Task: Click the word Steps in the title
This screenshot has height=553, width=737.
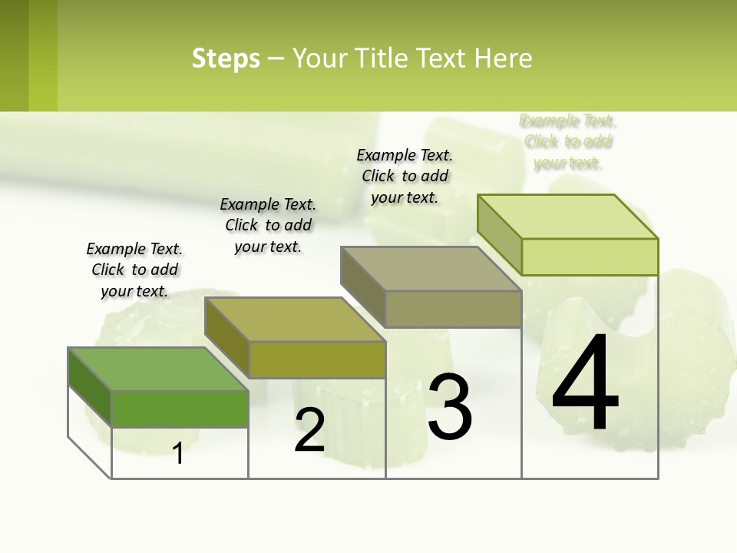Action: pos(226,58)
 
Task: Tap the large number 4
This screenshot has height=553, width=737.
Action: pos(585,384)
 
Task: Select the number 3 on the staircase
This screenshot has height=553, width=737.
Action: pos(450,407)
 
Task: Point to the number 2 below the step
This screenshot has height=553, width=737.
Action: pos(309,430)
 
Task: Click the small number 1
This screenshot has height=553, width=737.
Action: pos(178,454)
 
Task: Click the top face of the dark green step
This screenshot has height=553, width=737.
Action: pos(158,369)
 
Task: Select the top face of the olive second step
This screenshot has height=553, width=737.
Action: pos(295,319)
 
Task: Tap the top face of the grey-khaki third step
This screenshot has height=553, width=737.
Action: pos(431,269)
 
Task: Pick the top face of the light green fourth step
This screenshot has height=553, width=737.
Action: pos(568,217)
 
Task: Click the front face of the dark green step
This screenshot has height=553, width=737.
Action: pos(180,409)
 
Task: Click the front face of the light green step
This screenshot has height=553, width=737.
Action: pos(590,257)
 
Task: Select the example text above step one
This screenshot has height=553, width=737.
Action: pos(134,270)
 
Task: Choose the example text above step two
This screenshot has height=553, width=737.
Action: pos(268,225)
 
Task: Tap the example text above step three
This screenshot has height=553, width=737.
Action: pos(405,176)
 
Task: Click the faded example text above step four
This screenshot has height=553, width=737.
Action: pos(567,142)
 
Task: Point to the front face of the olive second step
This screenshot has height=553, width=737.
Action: pos(316,359)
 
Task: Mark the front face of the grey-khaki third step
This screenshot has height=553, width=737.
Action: pos(453,310)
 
